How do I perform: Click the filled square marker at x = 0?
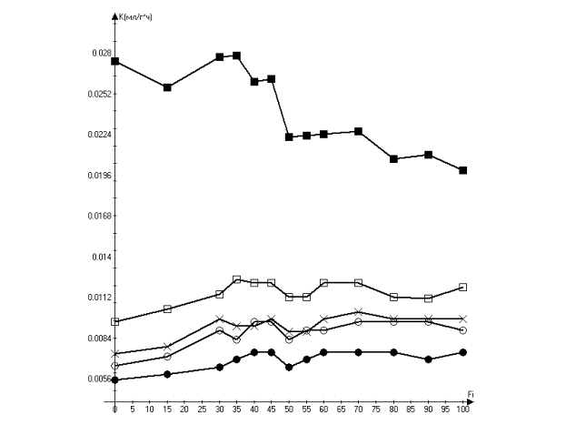pyautogui.click(x=115, y=61)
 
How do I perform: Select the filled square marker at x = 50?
pyautogui.click(x=289, y=137)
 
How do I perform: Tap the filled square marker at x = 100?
pyautogui.click(x=463, y=170)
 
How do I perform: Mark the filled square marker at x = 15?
pyautogui.click(x=167, y=87)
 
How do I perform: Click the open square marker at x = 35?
pyautogui.click(x=237, y=279)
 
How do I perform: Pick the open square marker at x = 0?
pyautogui.click(x=115, y=321)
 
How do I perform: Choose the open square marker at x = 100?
pyautogui.click(x=463, y=287)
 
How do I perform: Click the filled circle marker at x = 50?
pyautogui.click(x=289, y=367)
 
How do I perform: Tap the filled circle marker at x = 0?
pyautogui.click(x=115, y=379)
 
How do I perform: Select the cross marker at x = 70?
pyautogui.click(x=359, y=312)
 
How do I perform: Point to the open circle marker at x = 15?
pyautogui.click(x=167, y=356)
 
